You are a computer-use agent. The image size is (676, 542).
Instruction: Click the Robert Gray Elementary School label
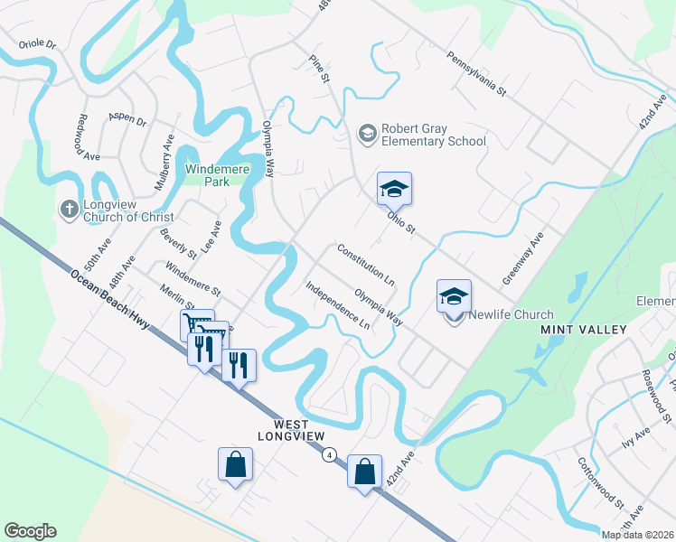tap(433, 135)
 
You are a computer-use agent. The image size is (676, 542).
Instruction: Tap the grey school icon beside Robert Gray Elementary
tap(367, 134)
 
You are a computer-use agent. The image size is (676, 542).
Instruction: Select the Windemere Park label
tap(207, 174)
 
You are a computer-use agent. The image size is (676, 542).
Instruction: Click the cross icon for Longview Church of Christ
tap(69, 210)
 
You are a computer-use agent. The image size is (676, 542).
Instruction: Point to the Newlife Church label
tap(511, 314)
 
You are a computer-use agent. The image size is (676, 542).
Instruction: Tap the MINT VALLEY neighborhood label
tap(583, 330)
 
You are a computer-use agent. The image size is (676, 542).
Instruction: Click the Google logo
tap(30, 531)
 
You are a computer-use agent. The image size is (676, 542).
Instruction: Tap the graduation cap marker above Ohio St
tap(394, 189)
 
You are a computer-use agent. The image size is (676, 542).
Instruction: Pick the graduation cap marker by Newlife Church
tap(454, 295)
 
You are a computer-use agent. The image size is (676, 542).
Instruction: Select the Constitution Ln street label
tap(366, 265)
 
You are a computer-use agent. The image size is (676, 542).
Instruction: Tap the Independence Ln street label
tap(338, 305)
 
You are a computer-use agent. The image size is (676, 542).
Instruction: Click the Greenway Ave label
tap(524, 257)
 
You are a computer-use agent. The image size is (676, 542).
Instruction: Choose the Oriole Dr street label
tap(38, 43)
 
